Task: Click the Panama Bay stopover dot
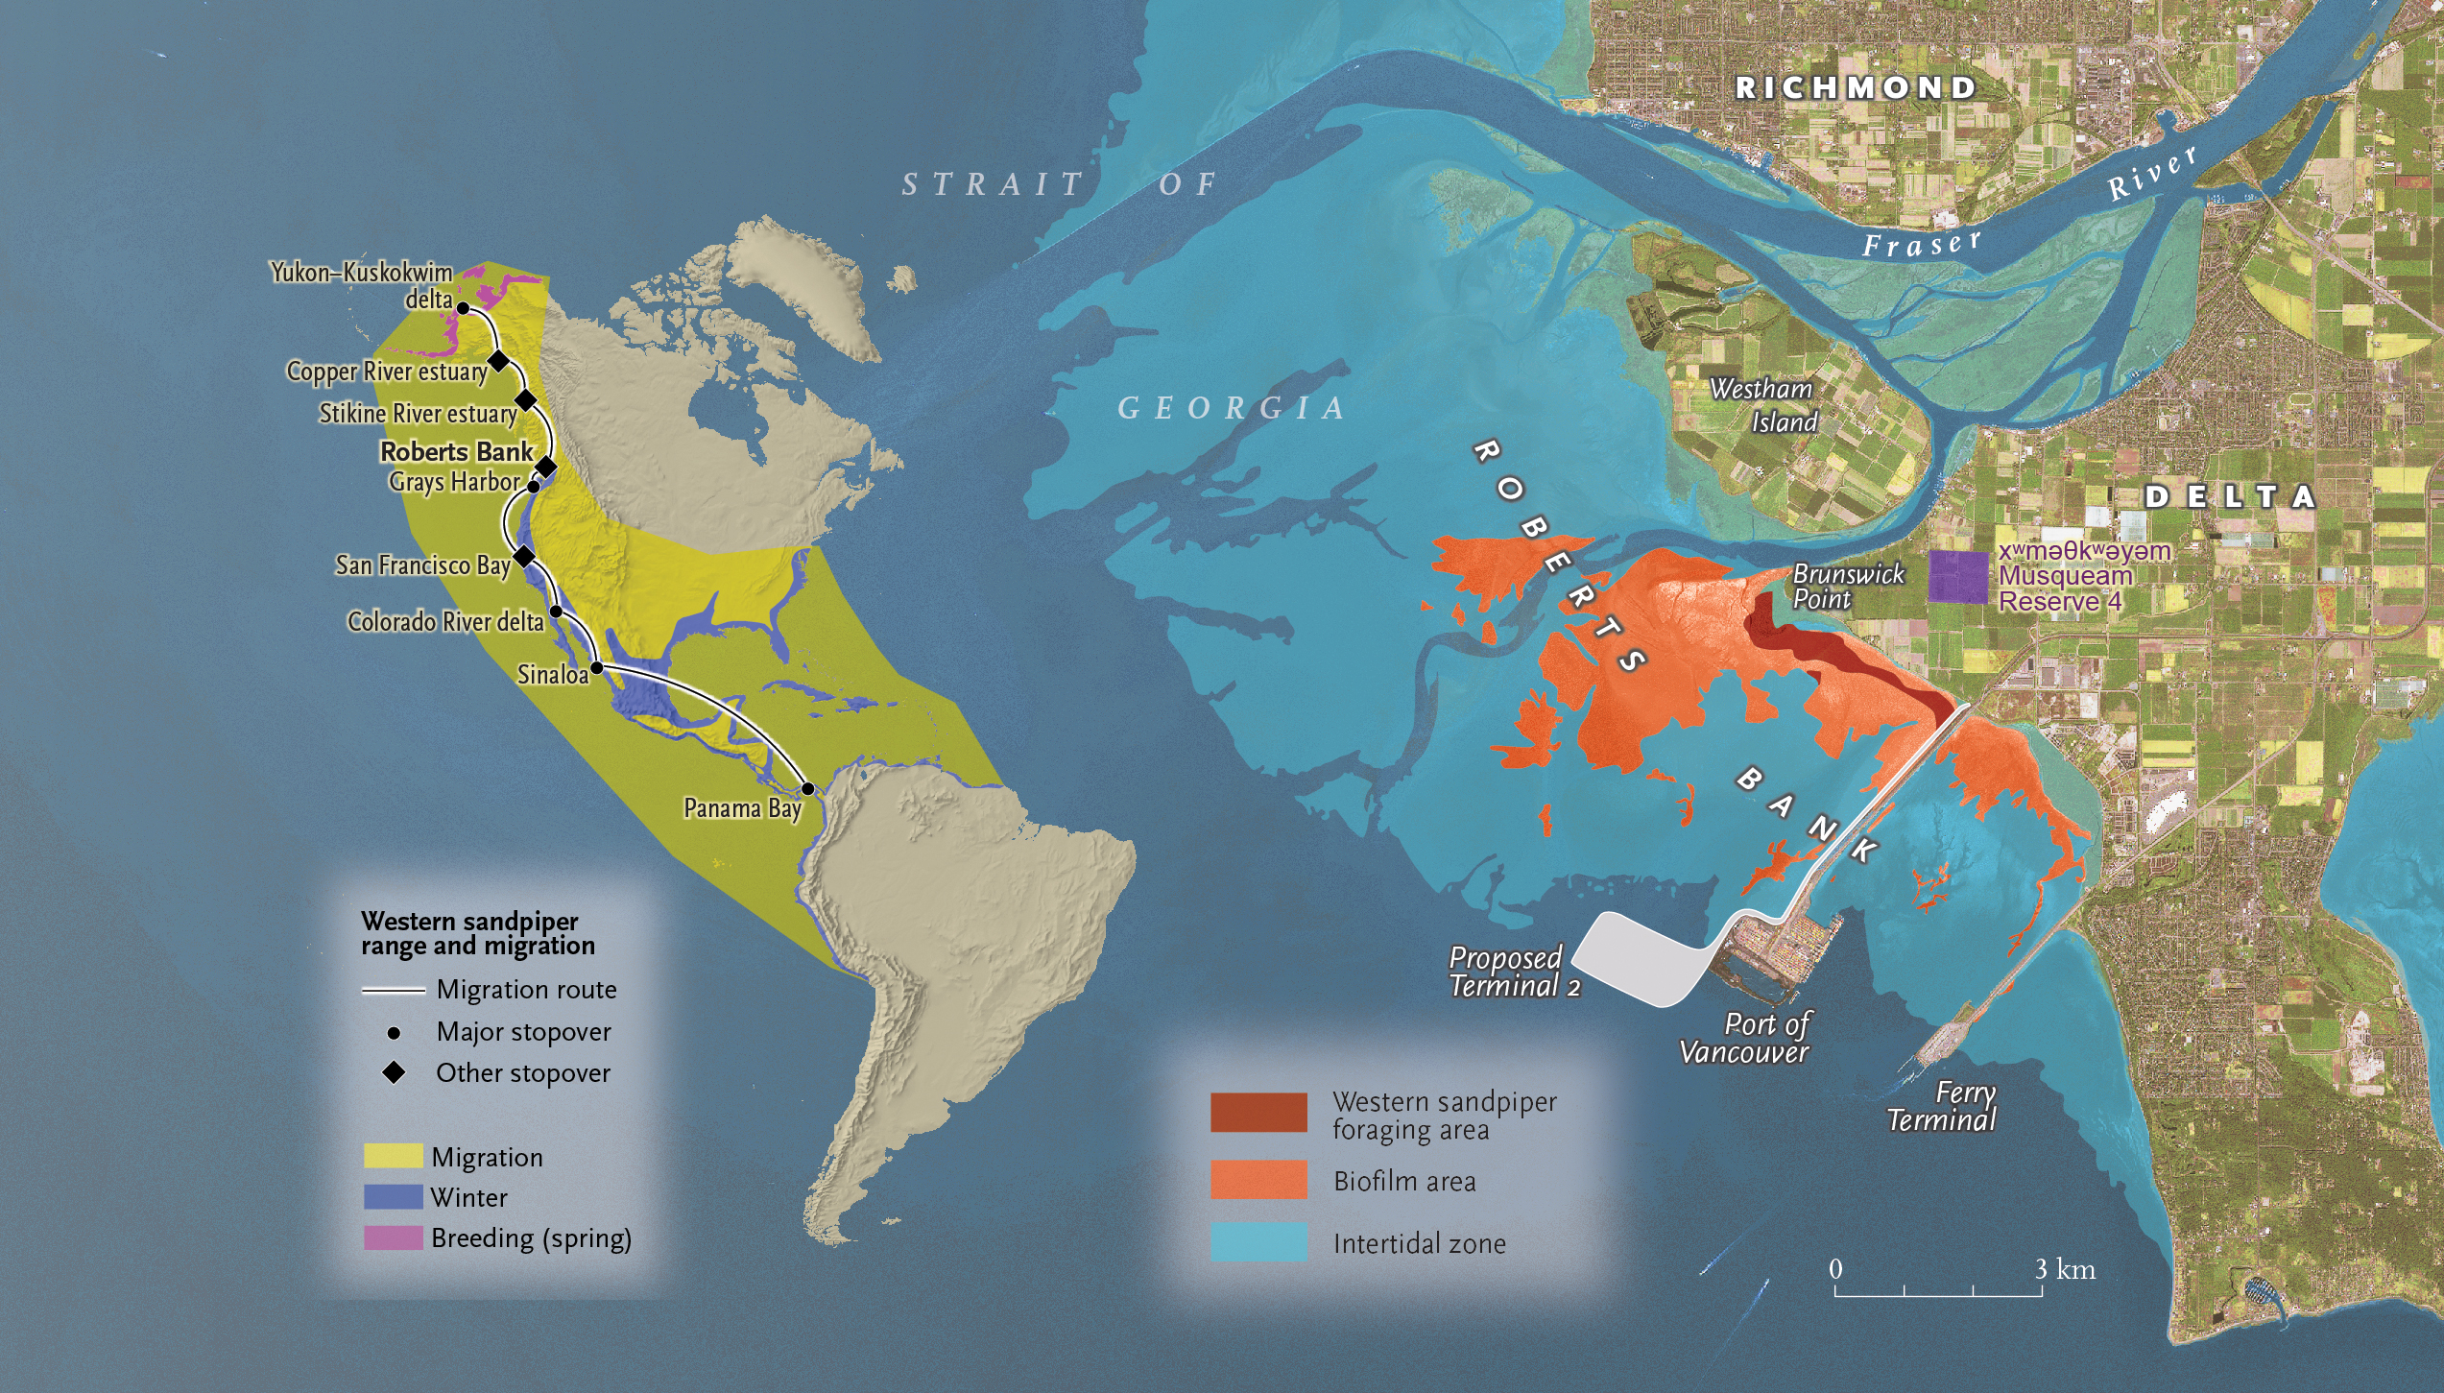[x=808, y=789]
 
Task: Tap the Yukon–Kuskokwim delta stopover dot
[x=462, y=308]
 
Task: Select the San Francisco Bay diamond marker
[x=524, y=557]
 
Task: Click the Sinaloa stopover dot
[x=596, y=667]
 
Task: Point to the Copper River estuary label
[x=387, y=372]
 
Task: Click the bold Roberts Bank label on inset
[x=456, y=452]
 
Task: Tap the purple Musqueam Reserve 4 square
[x=1958, y=577]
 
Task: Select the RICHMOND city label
[x=1857, y=88]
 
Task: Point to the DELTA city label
[x=2230, y=496]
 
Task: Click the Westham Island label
[x=1764, y=405]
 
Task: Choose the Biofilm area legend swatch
[x=1258, y=1180]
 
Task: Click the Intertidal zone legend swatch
[x=1258, y=1241]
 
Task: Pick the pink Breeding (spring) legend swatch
[x=393, y=1237]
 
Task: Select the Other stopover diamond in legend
[x=394, y=1072]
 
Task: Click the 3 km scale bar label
[x=2065, y=1269]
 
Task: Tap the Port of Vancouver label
[x=1745, y=1039]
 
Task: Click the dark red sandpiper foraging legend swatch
[x=1258, y=1113]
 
